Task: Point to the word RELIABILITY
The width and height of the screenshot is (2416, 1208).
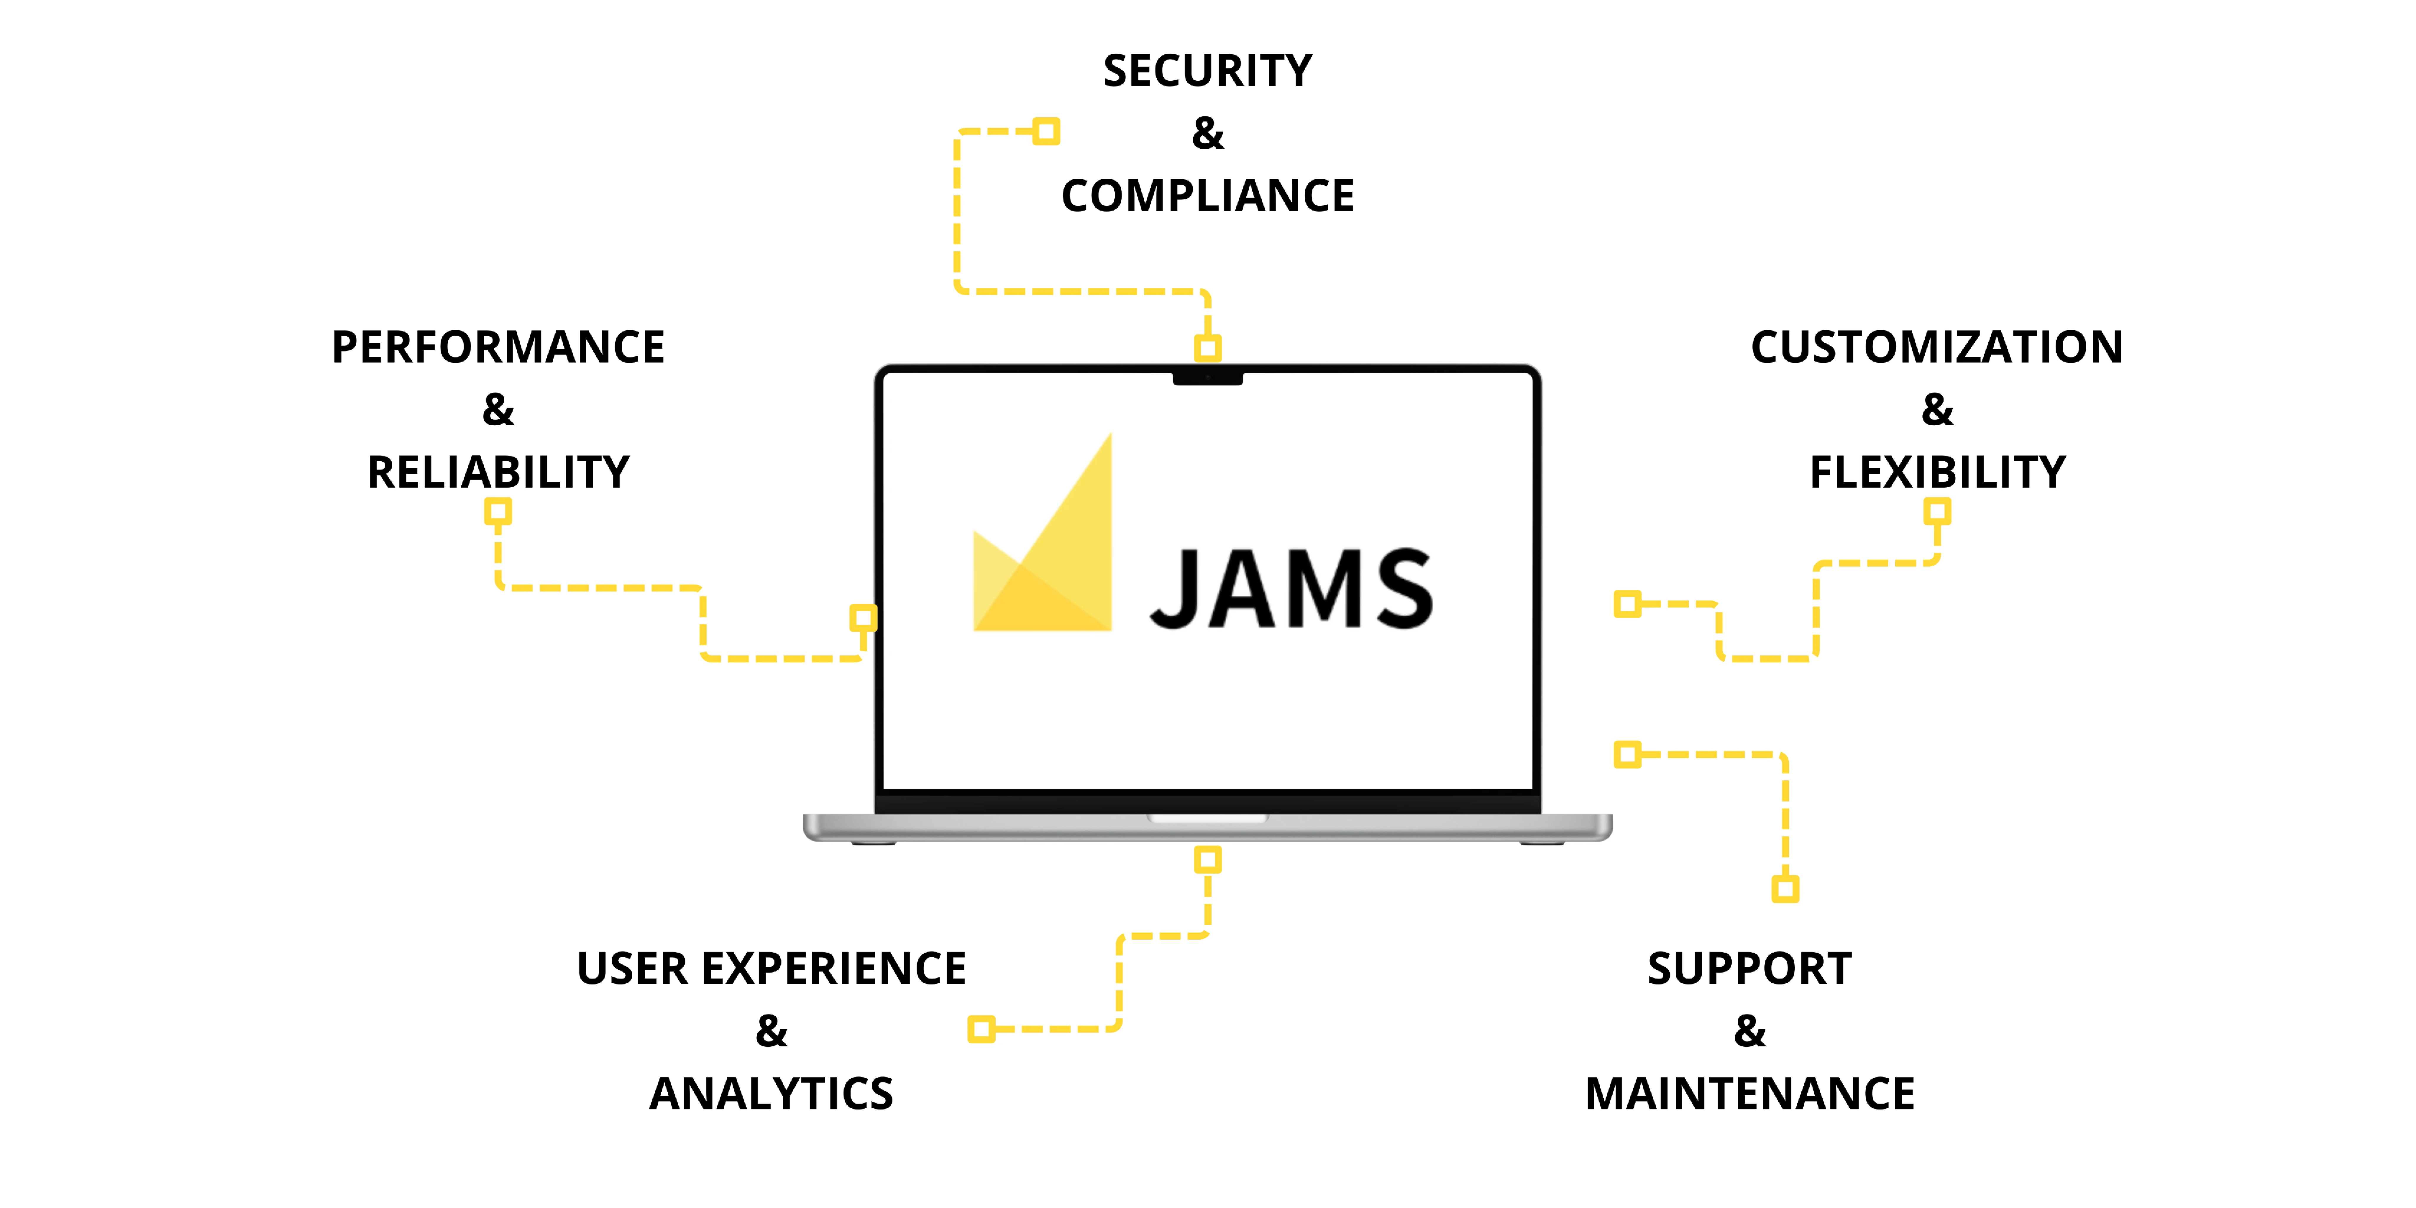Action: [x=498, y=472]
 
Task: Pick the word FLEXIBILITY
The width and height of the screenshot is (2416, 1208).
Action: [x=1937, y=472]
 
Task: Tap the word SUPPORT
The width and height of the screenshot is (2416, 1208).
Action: [x=1749, y=969]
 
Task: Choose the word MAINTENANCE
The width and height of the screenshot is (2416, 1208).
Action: [x=1749, y=1094]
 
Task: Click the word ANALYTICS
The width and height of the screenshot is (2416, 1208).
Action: [x=771, y=1094]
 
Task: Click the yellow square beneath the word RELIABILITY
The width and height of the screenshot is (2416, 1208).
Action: [x=498, y=511]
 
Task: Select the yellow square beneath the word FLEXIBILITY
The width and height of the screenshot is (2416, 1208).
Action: [x=1937, y=511]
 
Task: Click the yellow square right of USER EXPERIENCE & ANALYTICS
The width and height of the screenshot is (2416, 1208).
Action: [x=981, y=1029]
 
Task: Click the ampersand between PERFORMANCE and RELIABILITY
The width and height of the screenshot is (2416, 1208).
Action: [x=498, y=410]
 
